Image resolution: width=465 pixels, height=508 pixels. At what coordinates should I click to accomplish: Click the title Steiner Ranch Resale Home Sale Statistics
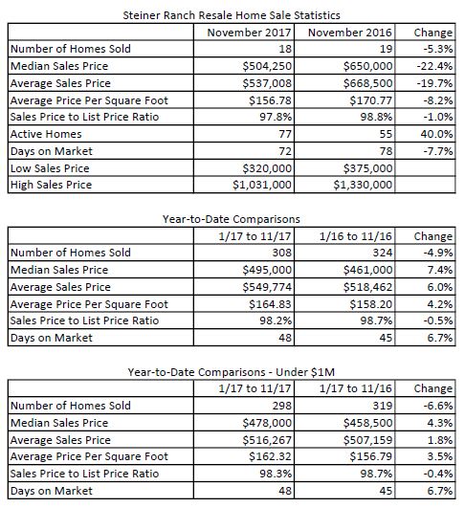(232, 15)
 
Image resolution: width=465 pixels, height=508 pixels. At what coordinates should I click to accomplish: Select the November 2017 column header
(249, 33)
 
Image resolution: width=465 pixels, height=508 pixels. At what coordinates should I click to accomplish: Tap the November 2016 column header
(350, 33)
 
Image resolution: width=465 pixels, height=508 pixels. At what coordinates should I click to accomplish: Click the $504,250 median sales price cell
(267, 66)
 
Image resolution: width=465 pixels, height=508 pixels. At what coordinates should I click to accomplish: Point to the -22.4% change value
(434, 66)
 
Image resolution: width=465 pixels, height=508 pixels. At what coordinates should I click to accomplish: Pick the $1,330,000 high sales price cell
(363, 185)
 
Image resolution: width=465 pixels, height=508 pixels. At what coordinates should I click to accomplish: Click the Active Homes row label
(46, 134)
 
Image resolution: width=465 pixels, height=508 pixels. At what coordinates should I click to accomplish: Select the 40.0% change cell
(436, 134)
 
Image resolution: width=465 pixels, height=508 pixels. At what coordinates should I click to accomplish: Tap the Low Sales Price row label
(50, 168)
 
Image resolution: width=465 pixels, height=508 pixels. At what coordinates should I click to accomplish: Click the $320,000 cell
(267, 168)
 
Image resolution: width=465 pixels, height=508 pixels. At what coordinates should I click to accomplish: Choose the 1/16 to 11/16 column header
(356, 236)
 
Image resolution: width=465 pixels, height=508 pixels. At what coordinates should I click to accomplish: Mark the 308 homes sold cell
(281, 253)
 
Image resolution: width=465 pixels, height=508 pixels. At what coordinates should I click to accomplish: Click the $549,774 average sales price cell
(267, 287)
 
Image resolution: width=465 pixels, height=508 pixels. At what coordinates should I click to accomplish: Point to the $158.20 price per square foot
(370, 304)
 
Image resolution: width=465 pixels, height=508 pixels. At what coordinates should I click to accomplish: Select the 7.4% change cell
(440, 270)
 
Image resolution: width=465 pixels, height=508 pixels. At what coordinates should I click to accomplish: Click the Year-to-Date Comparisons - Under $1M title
(232, 372)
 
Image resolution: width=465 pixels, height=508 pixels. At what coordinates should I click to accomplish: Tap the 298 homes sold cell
(281, 406)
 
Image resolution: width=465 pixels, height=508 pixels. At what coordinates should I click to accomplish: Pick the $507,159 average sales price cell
(367, 440)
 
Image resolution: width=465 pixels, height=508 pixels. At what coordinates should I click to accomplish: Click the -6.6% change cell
(438, 406)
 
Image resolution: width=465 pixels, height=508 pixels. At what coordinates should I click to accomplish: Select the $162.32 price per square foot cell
(270, 456)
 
